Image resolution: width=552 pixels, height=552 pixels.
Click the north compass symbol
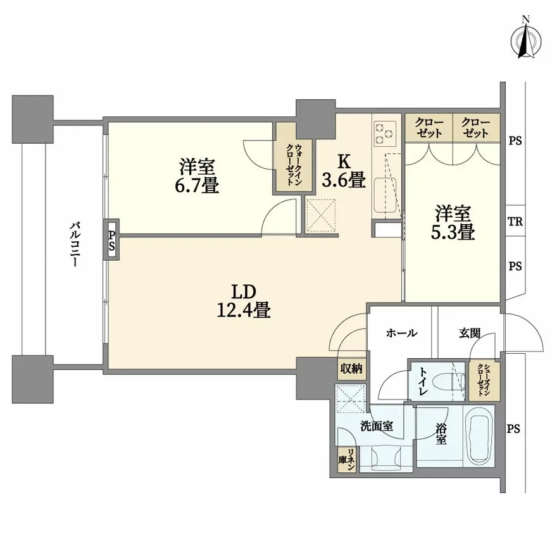point(526,41)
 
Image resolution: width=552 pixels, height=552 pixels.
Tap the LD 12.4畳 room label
point(244,301)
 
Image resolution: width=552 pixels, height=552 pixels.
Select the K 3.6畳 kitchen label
point(344,171)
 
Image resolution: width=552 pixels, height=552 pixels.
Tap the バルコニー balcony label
point(74,244)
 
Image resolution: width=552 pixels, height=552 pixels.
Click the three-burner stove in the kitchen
point(385,132)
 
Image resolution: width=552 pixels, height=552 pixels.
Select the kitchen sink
point(385,196)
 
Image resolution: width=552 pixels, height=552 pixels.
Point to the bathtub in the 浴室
point(480,435)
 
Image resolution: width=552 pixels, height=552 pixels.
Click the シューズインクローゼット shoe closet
point(484,381)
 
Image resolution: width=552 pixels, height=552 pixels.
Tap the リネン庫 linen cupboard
point(347,460)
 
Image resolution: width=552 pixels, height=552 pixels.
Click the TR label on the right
point(515,222)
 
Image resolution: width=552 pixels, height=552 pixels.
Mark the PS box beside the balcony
point(111,240)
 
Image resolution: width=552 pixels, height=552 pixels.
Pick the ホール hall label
point(402,333)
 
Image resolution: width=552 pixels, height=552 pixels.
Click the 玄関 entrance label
point(470,333)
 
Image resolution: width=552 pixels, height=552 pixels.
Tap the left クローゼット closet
point(429,128)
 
